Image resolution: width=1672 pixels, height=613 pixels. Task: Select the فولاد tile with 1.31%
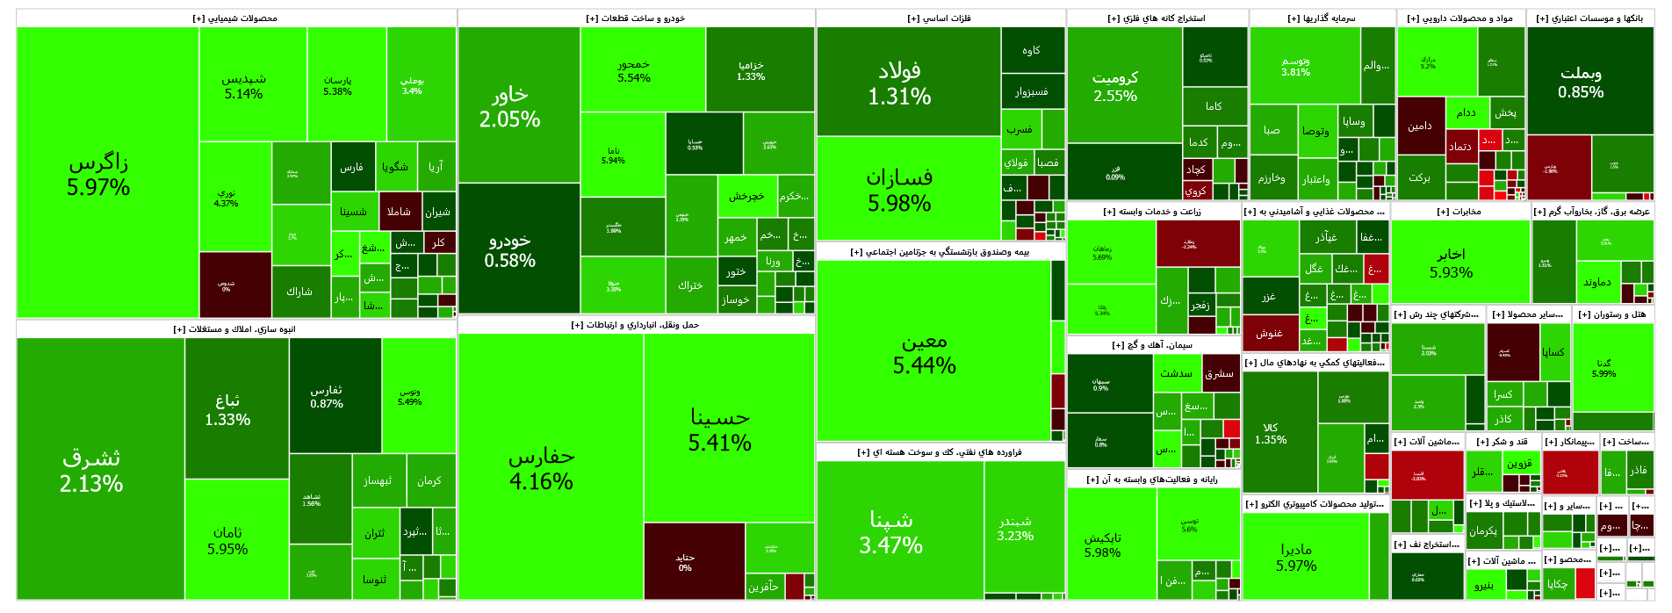pos(899,83)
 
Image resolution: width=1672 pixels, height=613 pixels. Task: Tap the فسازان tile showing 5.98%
pos(899,190)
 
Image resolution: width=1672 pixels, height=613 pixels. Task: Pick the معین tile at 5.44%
pos(925,352)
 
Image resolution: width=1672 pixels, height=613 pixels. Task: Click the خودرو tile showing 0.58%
pos(509,249)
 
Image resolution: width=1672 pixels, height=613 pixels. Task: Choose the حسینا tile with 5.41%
pos(720,429)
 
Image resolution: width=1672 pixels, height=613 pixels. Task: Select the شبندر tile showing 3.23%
pos(1015,529)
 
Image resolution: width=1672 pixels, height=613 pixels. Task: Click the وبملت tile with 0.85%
pos(1581,83)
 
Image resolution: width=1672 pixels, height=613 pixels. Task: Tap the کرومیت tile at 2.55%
pos(1115,86)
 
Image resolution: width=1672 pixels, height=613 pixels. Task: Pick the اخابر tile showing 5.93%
pos(1451,263)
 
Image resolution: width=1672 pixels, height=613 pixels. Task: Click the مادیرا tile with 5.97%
pos(1296,557)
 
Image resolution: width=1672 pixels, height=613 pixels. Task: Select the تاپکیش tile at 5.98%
pos(1102,544)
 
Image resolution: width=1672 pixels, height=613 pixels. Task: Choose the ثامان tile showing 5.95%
pos(227,540)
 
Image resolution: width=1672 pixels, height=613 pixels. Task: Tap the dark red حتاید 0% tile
pos(685,562)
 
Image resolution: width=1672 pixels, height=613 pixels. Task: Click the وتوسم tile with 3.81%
pos(1295,66)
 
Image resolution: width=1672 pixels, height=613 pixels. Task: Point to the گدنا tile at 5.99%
pos(1604,368)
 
